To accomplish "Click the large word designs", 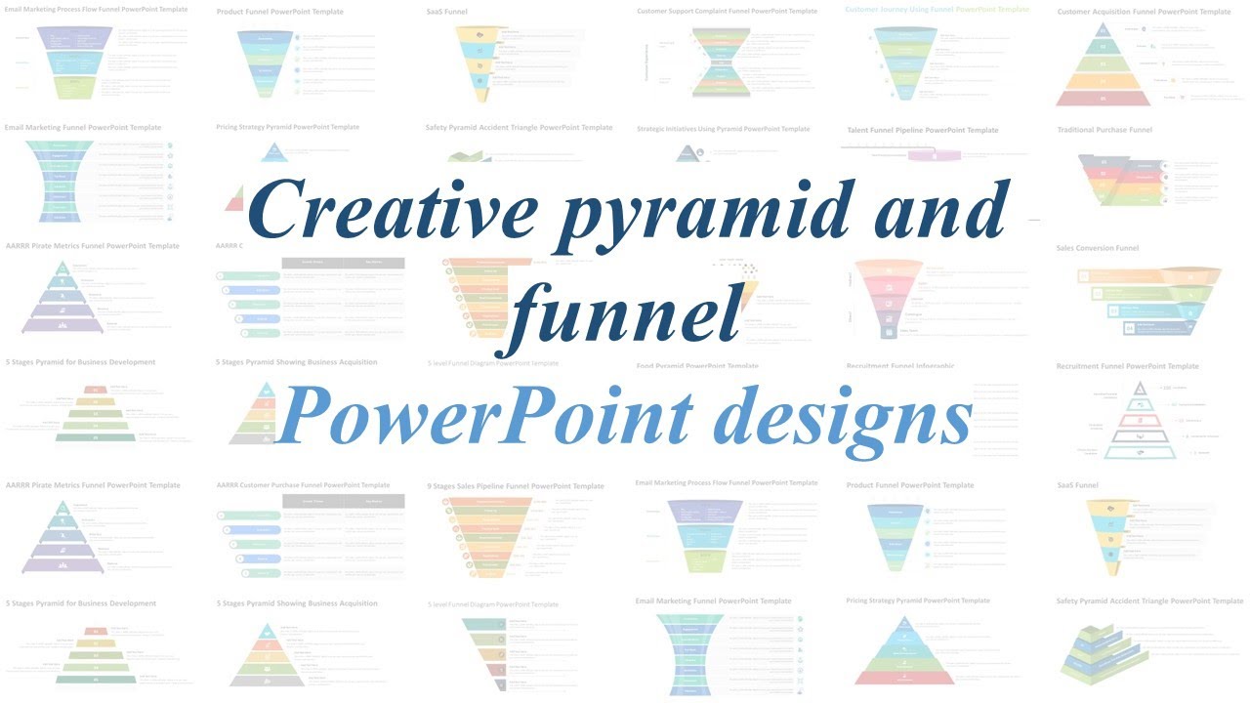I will pos(842,415).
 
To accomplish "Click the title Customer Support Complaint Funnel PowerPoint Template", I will pos(727,12).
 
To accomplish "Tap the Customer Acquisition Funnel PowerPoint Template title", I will pos(1144,12).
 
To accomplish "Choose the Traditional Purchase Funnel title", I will pos(1104,130).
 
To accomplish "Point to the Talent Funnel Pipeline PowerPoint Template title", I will pos(922,130).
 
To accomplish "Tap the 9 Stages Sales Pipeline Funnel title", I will pos(515,486).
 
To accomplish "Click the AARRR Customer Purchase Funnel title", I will pos(303,485).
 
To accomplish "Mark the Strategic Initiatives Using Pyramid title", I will pos(723,129).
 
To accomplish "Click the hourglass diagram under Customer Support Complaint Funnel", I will pos(721,62).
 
